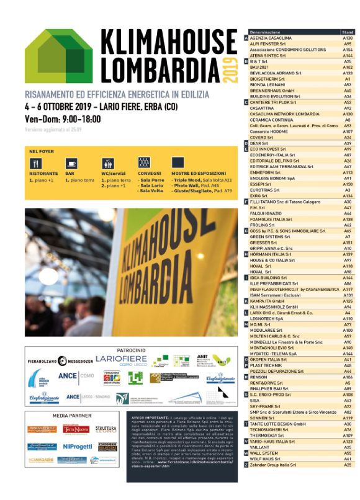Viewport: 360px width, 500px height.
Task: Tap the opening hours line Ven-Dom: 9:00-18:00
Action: click(62, 118)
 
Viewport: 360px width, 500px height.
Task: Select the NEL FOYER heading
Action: click(40, 151)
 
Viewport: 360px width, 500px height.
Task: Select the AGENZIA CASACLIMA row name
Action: click(271, 38)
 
